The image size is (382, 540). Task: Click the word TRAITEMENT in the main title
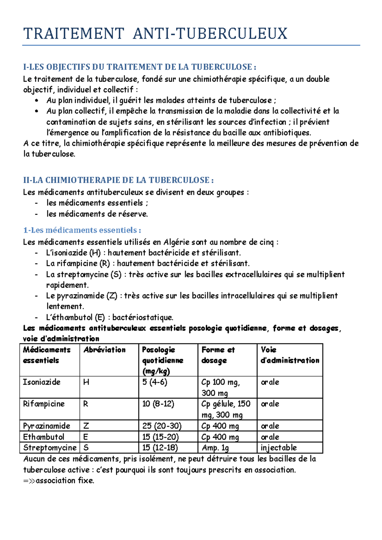(x=74, y=34)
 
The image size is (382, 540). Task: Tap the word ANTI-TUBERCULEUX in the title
(x=210, y=34)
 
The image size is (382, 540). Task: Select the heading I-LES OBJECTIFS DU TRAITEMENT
(x=139, y=67)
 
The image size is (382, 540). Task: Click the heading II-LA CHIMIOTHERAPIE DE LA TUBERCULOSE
(x=118, y=180)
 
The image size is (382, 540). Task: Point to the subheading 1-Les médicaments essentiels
(x=82, y=230)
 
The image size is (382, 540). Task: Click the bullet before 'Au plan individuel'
(x=37, y=101)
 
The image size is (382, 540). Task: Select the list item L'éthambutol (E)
(x=110, y=317)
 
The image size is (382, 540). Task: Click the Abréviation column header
(x=104, y=350)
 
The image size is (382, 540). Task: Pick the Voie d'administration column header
(x=289, y=355)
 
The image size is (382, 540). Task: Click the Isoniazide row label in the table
(x=42, y=382)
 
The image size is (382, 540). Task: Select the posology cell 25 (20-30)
(x=162, y=426)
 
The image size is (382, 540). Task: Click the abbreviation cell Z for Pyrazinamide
(x=86, y=426)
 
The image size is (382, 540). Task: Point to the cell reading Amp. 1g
(x=215, y=448)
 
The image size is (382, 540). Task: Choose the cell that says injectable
(x=279, y=448)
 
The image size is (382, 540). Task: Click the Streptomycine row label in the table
(x=50, y=448)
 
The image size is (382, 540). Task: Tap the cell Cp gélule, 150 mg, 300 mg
(x=226, y=409)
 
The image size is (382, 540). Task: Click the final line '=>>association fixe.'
(x=59, y=481)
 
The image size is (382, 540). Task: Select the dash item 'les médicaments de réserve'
(x=97, y=214)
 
